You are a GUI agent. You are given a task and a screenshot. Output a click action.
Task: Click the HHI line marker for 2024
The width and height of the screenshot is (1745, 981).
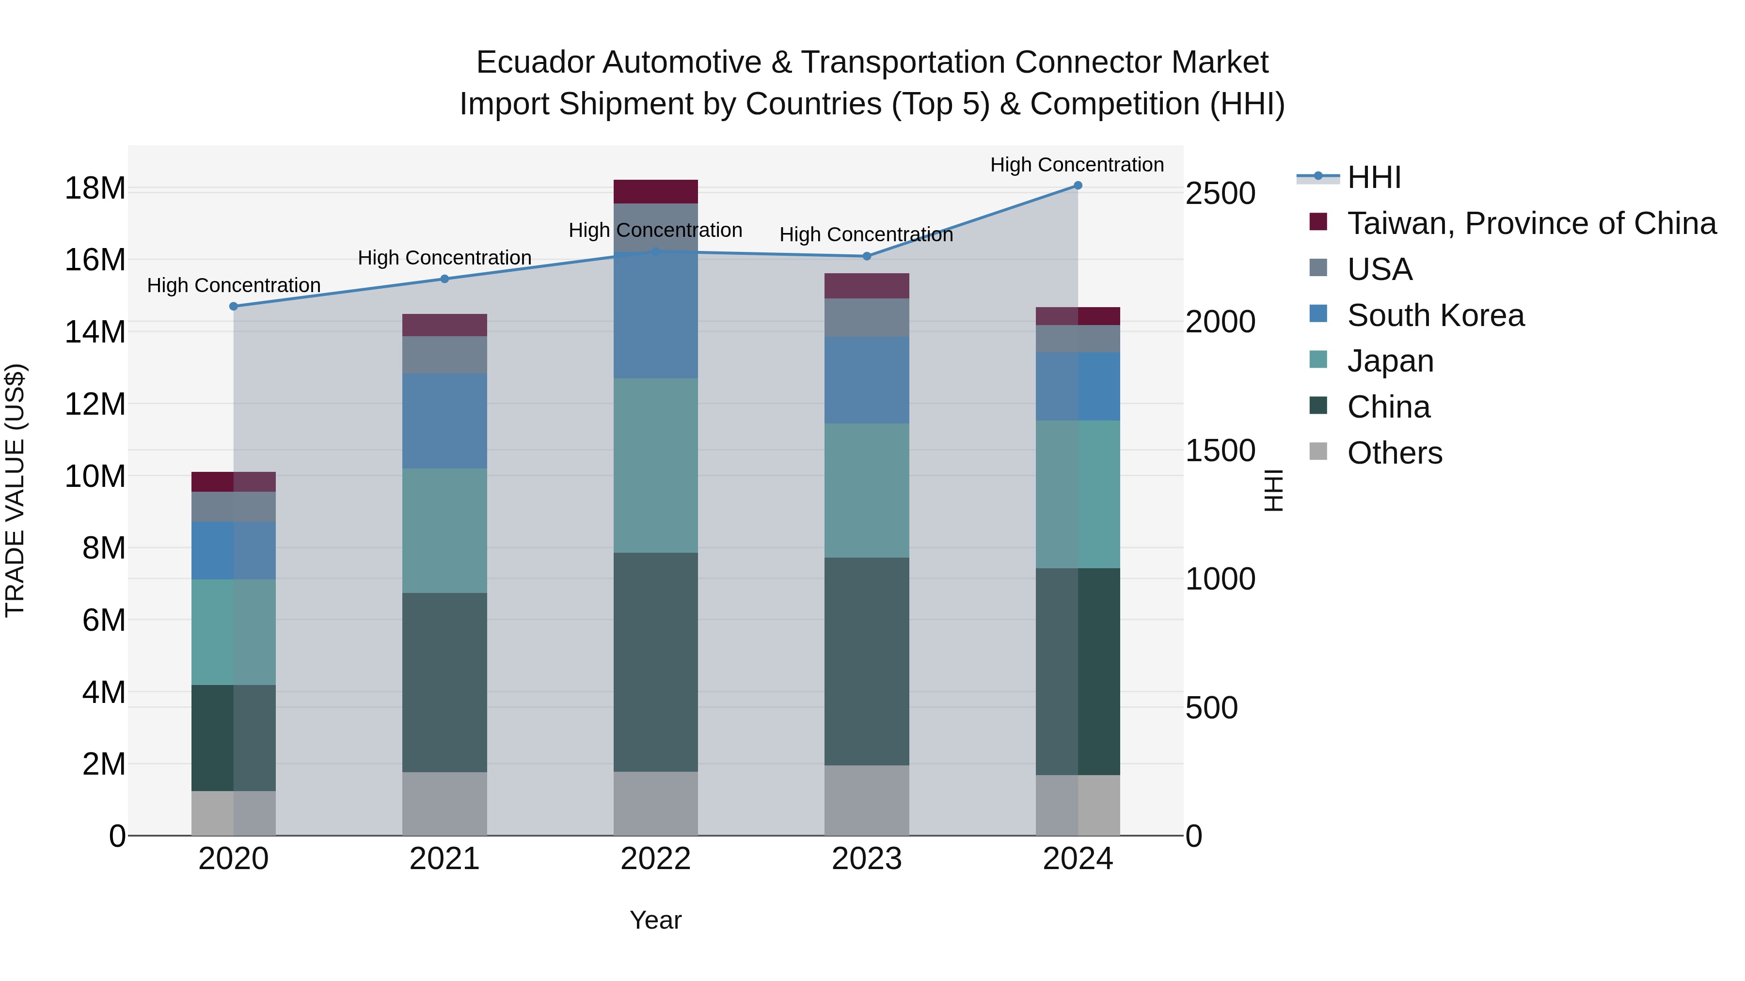coord(1078,186)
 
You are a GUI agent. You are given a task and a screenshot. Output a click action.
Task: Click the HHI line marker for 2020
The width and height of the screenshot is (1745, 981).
coord(234,306)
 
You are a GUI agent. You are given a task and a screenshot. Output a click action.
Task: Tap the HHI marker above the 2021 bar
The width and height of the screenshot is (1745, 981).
coord(444,279)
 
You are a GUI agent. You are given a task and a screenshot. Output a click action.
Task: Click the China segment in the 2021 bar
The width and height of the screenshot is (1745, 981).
coord(444,683)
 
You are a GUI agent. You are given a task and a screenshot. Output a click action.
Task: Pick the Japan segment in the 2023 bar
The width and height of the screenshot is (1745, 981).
coord(866,491)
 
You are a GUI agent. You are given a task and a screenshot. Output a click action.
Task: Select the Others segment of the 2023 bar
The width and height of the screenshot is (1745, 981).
coord(866,800)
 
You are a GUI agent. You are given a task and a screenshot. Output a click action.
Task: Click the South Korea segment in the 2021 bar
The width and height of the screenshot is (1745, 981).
coord(444,421)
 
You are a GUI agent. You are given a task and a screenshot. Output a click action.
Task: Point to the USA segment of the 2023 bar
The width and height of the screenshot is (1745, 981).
coord(866,317)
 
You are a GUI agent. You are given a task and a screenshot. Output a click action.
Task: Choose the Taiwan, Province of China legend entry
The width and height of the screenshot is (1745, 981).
coord(1531,223)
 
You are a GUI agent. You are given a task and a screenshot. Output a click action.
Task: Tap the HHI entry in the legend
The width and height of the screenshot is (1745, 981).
coord(1374,177)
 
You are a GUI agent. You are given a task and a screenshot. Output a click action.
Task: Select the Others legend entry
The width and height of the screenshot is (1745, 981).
coord(1394,453)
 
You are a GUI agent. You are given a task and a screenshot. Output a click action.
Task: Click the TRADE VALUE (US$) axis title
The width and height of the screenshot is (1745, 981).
coord(15,490)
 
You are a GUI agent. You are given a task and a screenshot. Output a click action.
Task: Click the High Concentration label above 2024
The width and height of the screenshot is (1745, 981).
coord(1077,165)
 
